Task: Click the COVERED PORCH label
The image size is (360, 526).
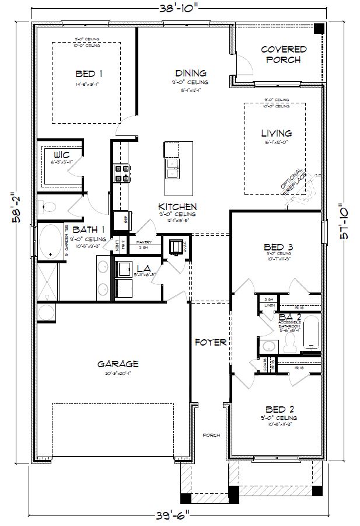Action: (x=284, y=54)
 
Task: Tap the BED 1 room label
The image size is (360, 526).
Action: (x=89, y=74)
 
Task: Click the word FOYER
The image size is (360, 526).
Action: (x=210, y=342)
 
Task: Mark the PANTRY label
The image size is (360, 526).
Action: (x=144, y=242)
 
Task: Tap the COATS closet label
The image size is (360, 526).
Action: (x=265, y=366)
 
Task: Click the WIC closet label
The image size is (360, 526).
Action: (x=61, y=155)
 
